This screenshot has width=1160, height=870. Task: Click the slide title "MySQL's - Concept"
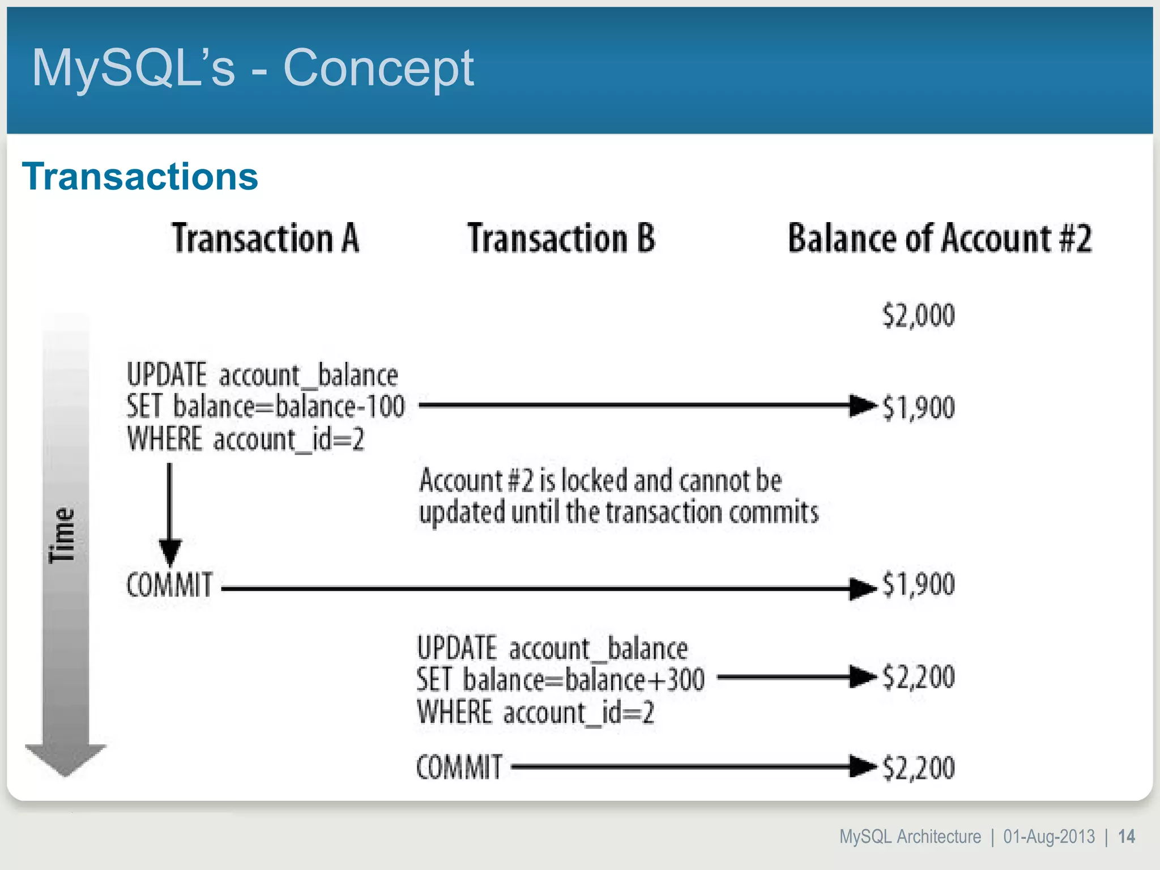pos(252,68)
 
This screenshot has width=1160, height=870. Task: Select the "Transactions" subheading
pos(140,176)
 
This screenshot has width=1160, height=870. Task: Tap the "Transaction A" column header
pos(265,238)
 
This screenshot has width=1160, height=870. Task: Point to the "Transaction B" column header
pos(561,238)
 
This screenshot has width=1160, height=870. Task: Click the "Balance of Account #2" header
pos(939,238)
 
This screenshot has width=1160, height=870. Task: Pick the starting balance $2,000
pos(918,315)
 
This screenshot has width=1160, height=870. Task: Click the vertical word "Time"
pos(62,535)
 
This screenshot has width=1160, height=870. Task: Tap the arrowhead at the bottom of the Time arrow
pos(65,759)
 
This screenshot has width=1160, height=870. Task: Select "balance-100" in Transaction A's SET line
pos(340,407)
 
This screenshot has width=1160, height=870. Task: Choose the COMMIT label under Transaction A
pos(169,585)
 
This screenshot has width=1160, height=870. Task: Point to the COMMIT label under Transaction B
pos(459,767)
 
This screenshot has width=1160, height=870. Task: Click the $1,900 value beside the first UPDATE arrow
pos(918,407)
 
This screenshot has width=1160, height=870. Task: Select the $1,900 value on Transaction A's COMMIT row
pos(918,585)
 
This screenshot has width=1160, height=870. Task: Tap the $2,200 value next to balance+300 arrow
pos(918,677)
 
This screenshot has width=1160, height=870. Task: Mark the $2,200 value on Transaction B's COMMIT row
pos(918,768)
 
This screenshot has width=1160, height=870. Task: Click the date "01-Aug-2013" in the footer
pos(1049,837)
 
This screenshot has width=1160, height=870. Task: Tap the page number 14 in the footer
pos(1126,837)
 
